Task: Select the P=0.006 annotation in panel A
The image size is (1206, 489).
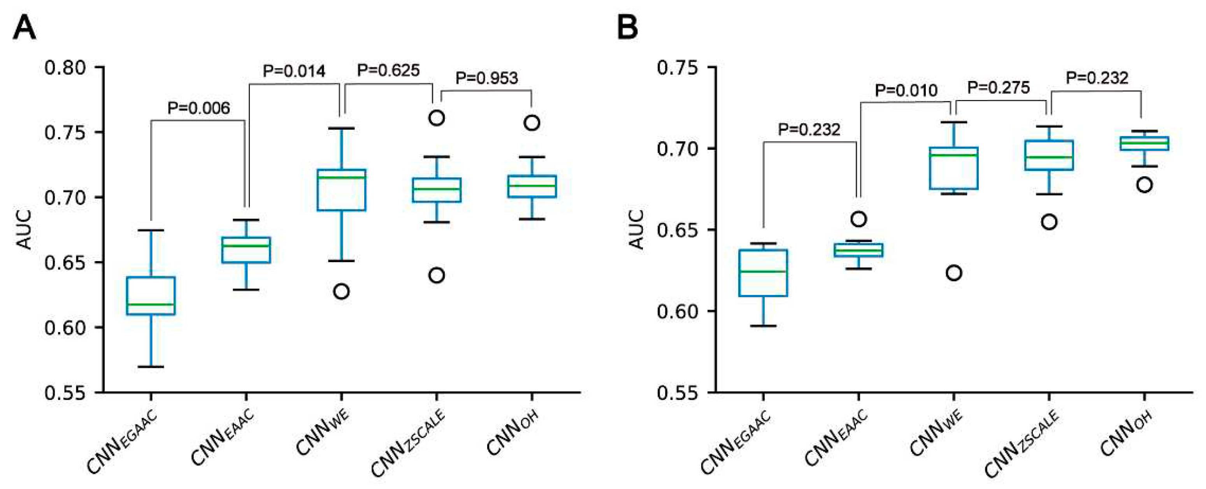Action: click(198, 108)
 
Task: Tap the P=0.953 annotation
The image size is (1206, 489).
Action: click(486, 78)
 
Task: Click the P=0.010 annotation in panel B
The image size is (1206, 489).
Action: click(906, 90)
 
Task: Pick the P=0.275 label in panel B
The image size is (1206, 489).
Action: click(998, 88)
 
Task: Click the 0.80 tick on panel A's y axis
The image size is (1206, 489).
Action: click(65, 67)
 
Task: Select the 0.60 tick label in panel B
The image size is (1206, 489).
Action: click(678, 311)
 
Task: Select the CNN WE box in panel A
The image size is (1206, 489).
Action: click(341, 190)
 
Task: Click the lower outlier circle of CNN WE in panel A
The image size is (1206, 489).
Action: click(341, 291)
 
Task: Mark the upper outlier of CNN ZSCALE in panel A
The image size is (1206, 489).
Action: click(437, 117)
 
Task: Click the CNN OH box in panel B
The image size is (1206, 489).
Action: click(1144, 143)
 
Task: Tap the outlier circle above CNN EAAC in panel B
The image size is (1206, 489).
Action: click(858, 219)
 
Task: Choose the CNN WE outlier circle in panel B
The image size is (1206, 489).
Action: click(954, 273)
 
